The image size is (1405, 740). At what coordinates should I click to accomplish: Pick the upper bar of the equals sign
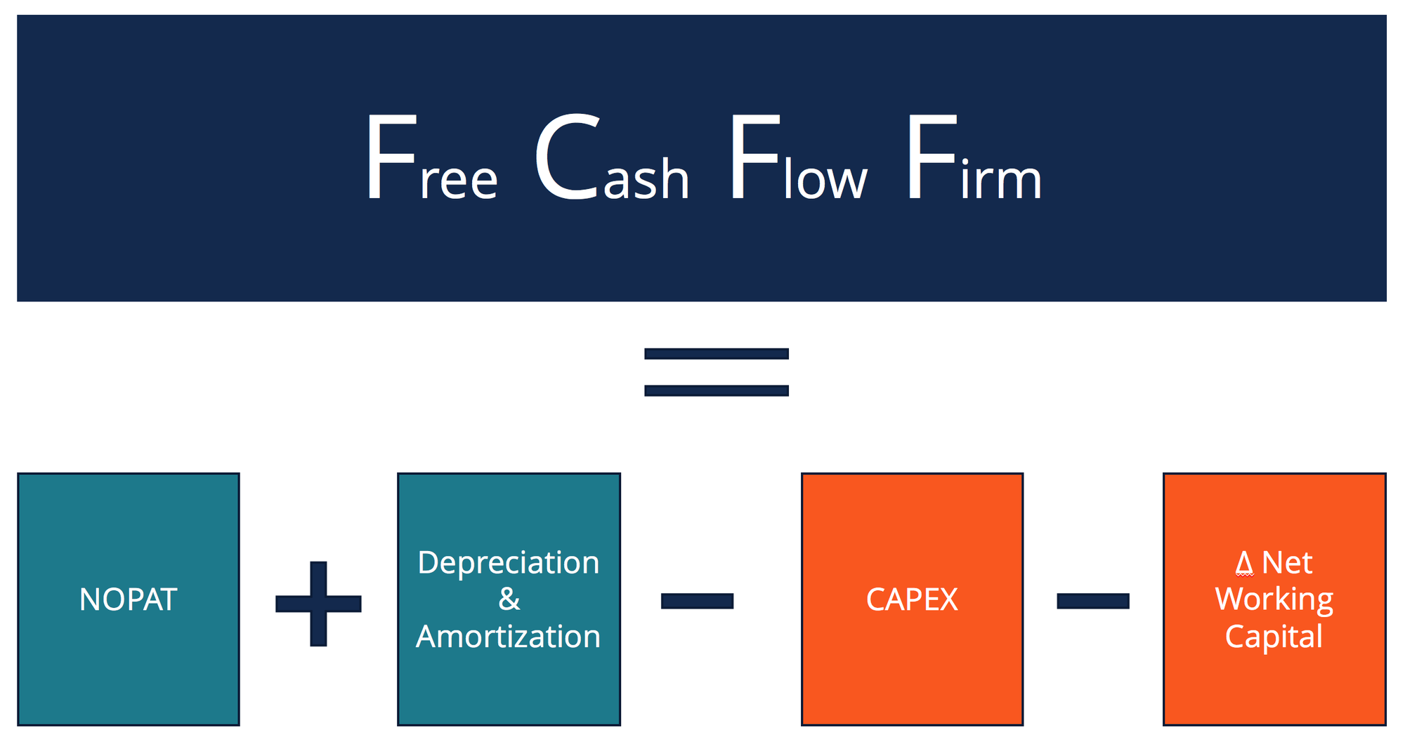click(x=716, y=353)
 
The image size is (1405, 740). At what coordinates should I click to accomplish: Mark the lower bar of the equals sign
click(x=716, y=391)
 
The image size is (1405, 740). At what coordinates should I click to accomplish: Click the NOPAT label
click(x=128, y=599)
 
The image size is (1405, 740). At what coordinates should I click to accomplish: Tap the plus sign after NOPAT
click(x=318, y=603)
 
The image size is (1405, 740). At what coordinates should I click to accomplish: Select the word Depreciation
click(x=509, y=563)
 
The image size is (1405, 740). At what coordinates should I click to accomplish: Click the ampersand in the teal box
click(x=509, y=599)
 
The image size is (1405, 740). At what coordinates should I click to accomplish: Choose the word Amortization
click(x=509, y=637)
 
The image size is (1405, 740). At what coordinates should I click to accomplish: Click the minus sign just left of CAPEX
click(x=697, y=601)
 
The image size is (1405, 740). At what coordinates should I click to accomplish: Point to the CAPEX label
click(x=912, y=599)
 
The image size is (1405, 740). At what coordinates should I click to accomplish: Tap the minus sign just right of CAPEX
click(x=1092, y=601)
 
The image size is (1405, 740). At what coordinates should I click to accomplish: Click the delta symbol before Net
click(x=1244, y=563)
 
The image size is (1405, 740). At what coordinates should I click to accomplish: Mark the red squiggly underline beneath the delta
click(x=1244, y=575)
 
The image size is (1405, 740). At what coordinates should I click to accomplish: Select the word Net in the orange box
click(x=1287, y=563)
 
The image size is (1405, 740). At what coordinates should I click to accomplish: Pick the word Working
click(x=1274, y=599)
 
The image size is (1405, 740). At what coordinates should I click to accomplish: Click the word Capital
click(x=1274, y=637)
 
